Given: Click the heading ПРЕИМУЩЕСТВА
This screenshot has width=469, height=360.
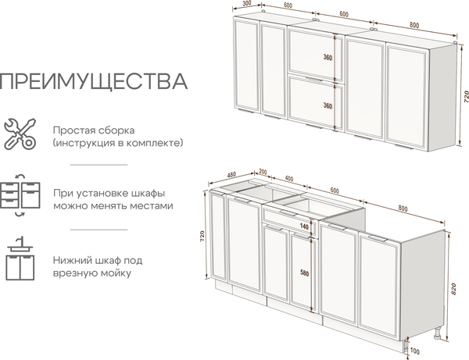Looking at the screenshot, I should click(x=95, y=82).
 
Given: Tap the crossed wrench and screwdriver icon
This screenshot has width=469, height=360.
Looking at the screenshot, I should click(x=20, y=134).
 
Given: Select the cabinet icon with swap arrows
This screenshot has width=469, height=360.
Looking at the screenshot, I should click(x=20, y=196).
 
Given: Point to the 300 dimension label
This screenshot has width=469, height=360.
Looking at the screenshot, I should click(x=247, y=5).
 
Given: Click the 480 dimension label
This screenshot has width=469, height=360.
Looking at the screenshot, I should click(x=231, y=174).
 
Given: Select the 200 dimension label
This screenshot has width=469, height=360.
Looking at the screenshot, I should click(x=263, y=172).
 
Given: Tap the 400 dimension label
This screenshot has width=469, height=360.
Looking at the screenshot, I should click(x=289, y=178).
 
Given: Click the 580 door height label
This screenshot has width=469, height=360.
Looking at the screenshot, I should click(x=304, y=273).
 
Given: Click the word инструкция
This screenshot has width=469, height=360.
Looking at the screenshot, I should click(x=88, y=144).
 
